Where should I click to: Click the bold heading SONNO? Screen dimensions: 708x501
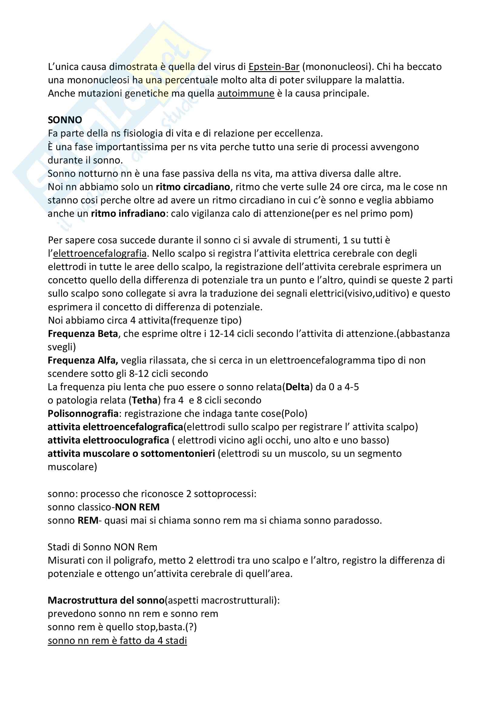point(65,120)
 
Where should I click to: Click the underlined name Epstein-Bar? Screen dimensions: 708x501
point(274,67)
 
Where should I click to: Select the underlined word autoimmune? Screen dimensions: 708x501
point(246,93)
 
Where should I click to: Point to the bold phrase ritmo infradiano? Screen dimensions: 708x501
point(128,213)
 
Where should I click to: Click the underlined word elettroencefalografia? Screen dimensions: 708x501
point(100,253)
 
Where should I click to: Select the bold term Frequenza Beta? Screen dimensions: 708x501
point(83,334)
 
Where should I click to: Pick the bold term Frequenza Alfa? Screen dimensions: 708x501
point(83,360)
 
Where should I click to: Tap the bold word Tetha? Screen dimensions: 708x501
point(145,400)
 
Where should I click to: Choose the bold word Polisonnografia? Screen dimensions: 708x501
point(83,413)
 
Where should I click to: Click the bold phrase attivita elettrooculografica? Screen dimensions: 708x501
point(108,440)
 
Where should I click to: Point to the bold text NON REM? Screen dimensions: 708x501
point(137,507)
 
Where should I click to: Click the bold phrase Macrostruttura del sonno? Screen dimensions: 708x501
point(106,600)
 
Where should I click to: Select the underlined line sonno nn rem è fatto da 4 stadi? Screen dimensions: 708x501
point(117,640)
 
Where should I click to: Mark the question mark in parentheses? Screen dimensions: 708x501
point(191,627)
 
